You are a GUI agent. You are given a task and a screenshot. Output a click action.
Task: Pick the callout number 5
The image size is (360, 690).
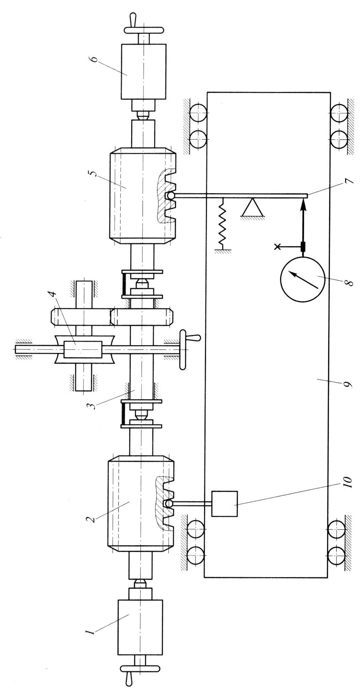click(x=97, y=170)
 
